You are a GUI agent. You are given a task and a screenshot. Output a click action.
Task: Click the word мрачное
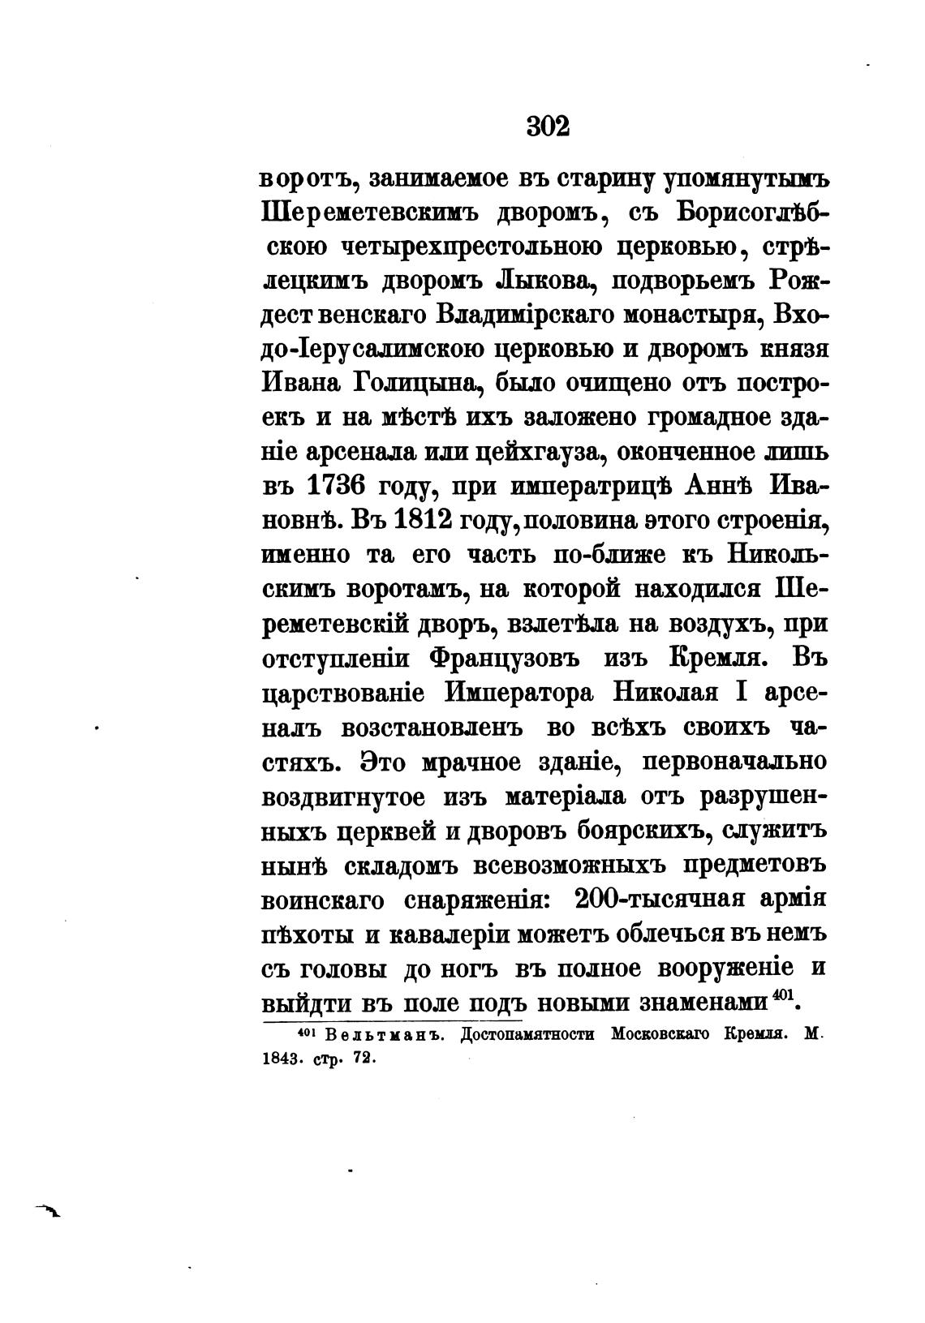click(478, 762)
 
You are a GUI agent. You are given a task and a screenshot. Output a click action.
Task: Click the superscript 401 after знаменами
click(782, 995)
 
